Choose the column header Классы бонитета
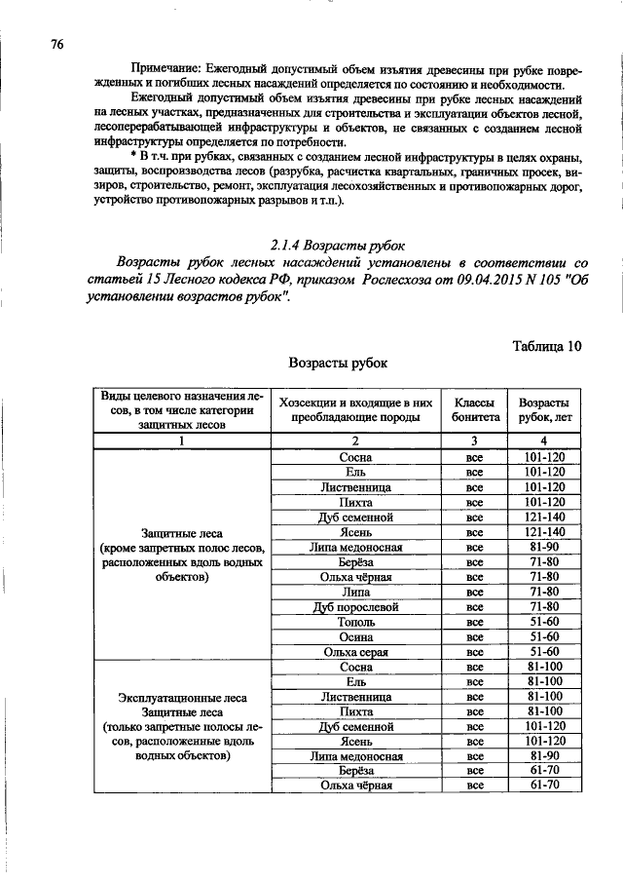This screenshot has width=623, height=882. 474,408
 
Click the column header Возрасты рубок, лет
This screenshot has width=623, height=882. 544,408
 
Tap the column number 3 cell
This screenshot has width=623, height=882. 474,441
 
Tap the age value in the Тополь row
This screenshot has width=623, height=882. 544,621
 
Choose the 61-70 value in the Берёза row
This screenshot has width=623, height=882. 544,771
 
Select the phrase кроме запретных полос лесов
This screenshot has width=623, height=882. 185,547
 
